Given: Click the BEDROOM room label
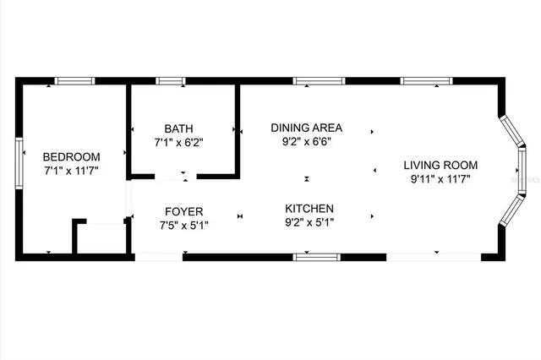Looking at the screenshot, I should pos(72,156).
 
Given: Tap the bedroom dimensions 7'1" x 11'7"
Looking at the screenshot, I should pos(72,171).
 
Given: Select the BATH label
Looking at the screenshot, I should pos(179,129).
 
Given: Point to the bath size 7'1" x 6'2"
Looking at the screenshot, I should pos(179,144).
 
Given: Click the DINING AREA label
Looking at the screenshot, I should pos(305,128).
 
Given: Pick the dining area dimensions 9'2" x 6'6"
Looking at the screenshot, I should pos(305,142).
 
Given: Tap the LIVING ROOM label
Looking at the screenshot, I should pos(440,165).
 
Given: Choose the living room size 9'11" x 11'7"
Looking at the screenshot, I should pos(440,179).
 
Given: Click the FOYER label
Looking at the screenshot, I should pos(183,210).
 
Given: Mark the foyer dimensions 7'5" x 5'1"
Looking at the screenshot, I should pos(183,225).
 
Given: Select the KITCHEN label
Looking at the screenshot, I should pos(309,208).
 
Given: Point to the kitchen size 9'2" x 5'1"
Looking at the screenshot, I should pos(309,222).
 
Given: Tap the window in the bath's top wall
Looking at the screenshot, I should pos(170,81).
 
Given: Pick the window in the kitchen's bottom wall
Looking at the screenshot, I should pos(316,256).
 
